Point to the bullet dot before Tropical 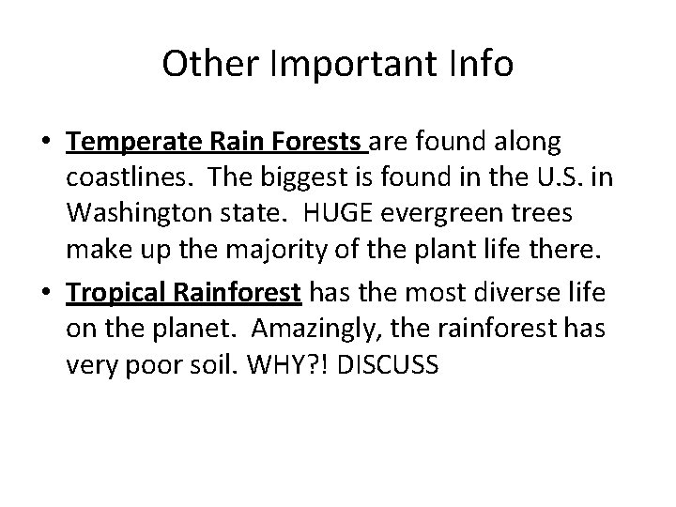[x=47, y=293]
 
